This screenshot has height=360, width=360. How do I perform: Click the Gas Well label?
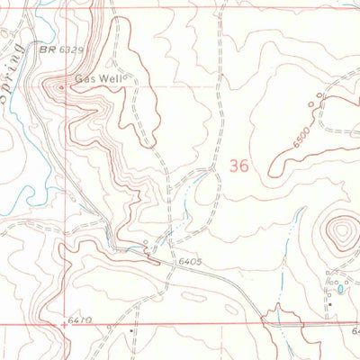pyautogui.click(x=99, y=78)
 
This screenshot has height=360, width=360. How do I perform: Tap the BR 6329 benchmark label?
pyautogui.click(x=61, y=51)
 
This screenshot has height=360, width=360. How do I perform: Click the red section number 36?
pyautogui.click(x=238, y=166)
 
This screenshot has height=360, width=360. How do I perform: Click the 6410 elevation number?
pyautogui.click(x=79, y=319)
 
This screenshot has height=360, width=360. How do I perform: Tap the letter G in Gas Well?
pyautogui.click(x=79, y=78)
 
